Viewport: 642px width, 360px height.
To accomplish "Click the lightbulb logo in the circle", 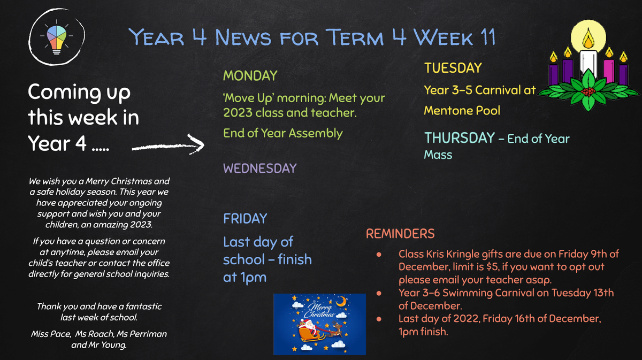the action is [x=57, y=37].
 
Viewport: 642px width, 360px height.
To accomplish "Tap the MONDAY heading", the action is [x=250, y=76].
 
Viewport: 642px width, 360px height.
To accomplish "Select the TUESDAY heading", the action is [x=453, y=68].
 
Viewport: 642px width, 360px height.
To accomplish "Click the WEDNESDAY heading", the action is [x=259, y=168].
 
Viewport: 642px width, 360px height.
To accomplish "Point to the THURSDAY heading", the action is [x=460, y=138].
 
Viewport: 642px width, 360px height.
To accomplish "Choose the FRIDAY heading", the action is [x=245, y=219].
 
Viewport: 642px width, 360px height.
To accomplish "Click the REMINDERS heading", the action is [x=400, y=234].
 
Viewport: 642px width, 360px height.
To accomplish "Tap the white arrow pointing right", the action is [x=168, y=146].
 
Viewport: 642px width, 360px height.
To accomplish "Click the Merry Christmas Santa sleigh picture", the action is [x=319, y=324].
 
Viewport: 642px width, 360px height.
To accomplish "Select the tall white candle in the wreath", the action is [x=588, y=62].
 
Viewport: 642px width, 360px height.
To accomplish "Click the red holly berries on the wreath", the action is [x=588, y=91].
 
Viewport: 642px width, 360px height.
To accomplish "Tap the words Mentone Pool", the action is [x=462, y=111].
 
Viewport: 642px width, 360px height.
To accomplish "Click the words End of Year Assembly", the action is [x=283, y=134].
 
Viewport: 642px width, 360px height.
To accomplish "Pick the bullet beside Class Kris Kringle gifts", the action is [x=379, y=255].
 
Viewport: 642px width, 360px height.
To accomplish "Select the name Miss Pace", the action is [x=51, y=334].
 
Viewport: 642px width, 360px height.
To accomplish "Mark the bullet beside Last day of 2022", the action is [x=379, y=319].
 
